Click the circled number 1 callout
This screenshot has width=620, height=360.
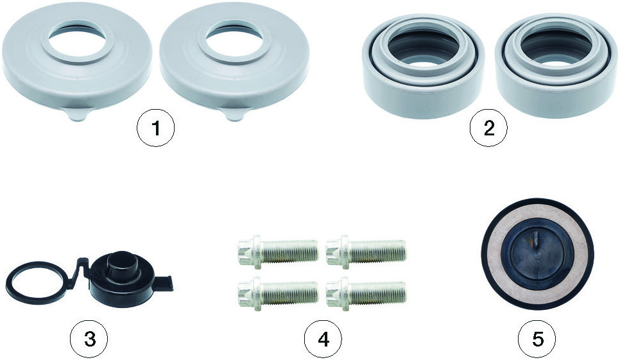pos(156,128)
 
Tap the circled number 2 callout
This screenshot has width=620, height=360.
pos(488,128)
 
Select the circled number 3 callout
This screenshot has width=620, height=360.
pos(89,338)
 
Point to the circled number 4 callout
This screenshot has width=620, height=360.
pos(323,338)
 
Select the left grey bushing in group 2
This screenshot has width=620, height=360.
pos(423,65)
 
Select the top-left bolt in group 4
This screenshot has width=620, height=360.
pos(277,252)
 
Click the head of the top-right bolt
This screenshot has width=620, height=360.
pos(338,252)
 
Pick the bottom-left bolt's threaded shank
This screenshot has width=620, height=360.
pos(290,293)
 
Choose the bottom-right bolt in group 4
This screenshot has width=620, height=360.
pos(366,293)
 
